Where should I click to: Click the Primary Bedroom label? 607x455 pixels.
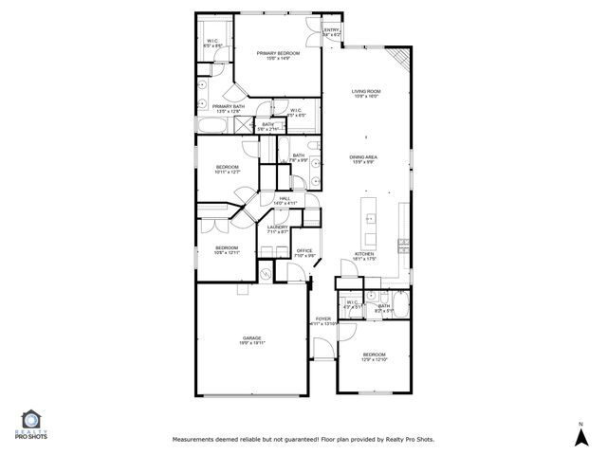pos(277,53)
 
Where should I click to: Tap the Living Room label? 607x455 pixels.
pos(365,90)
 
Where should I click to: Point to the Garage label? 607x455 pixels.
pos(251,337)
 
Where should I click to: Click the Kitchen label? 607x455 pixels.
pos(365,254)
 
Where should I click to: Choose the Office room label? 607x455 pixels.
pos(304,250)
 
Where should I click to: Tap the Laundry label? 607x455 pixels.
pos(277,227)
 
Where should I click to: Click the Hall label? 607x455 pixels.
pos(285,198)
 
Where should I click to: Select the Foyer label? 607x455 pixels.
pos(322,319)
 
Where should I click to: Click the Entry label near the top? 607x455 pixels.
pos(331,30)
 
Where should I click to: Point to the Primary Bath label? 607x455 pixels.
pos(228,106)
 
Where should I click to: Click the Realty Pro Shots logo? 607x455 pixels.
pos(30,425)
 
